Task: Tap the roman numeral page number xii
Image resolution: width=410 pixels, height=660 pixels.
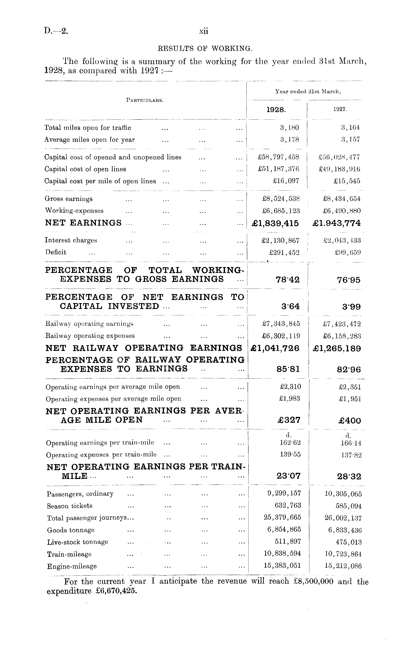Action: [x=204, y=31]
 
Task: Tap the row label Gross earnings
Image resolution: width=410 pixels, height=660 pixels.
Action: [x=69, y=199]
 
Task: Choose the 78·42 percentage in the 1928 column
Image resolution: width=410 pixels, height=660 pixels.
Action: [x=287, y=280]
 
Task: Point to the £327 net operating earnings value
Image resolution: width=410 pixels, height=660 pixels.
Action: [x=289, y=420]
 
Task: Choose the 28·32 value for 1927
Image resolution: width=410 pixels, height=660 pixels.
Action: [x=349, y=477]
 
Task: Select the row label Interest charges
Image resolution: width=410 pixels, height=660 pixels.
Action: [x=71, y=240]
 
